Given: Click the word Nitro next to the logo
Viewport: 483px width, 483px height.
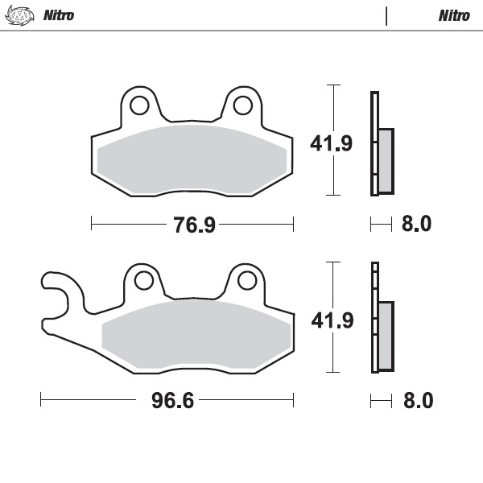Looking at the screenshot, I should pos(58,15).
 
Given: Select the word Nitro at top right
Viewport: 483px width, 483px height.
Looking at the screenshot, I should pos(455,15).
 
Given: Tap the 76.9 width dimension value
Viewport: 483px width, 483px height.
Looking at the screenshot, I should pos(194,225).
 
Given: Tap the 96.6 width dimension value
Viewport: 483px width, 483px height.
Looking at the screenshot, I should pos(172,400).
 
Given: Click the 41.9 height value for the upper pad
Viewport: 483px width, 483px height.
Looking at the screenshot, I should pos(332,144).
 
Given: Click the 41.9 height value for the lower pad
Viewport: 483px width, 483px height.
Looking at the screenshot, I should pos(332,320).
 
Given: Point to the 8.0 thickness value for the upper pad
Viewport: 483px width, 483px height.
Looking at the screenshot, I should pos(416,224).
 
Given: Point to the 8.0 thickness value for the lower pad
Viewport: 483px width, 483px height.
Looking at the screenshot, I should pos(416,400).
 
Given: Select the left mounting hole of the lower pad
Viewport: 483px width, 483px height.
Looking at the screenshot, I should pos(144,280).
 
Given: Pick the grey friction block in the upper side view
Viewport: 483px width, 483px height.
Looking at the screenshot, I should pos(386,160).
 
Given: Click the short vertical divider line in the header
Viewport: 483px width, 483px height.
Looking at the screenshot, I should pos(386,15).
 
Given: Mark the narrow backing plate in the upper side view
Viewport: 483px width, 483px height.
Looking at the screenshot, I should pos(374,143).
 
